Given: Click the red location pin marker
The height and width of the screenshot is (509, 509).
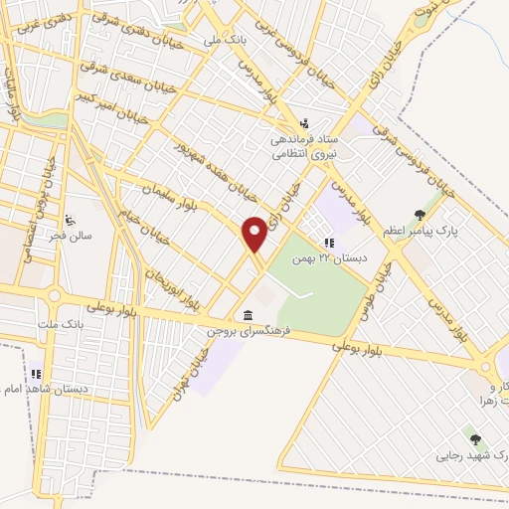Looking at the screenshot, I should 255,234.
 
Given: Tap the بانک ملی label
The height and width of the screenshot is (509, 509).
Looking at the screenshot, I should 224,41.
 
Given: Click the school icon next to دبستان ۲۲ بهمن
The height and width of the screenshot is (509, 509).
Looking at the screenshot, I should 329,243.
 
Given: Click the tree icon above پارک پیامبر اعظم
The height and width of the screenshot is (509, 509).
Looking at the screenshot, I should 421,215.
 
